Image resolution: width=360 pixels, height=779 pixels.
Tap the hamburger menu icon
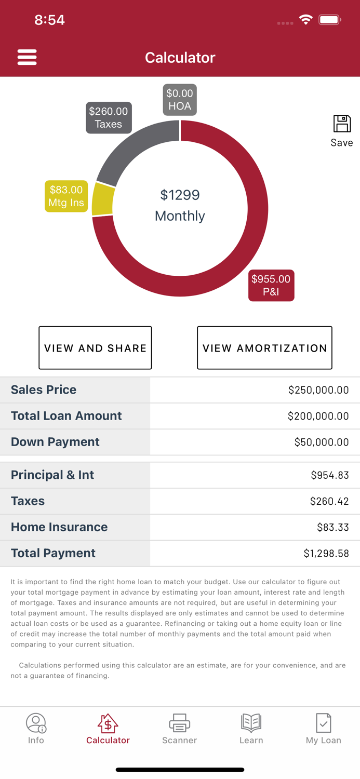[x=27, y=57]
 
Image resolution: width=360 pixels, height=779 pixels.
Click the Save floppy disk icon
[x=342, y=124]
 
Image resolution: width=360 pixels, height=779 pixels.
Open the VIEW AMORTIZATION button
[x=264, y=348]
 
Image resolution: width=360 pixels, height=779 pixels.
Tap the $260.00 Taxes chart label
[x=109, y=118]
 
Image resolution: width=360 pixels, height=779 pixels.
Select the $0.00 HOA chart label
[x=180, y=100]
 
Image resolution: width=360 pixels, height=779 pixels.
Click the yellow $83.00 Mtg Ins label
[x=66, y=196]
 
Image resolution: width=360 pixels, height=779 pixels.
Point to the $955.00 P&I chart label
[x=271, y=285]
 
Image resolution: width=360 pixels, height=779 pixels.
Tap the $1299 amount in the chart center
[x=180, y=195]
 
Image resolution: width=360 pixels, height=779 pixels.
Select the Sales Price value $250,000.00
[x=318, y=390]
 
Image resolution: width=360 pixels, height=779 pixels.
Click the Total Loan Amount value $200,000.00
[x=318, y=416]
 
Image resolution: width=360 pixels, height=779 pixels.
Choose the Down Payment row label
[x=55, y=442]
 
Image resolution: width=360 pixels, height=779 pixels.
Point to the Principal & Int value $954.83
[x=330, y=475]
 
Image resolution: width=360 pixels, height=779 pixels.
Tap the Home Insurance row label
[x=59, y=527]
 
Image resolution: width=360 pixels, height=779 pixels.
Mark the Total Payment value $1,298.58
[x=326, y=554]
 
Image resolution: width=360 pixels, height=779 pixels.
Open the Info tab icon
[x=36, y=722]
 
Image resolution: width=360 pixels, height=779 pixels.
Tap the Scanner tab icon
[x=180, y=722]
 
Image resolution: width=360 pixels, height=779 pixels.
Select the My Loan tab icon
[x=323, y=722]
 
